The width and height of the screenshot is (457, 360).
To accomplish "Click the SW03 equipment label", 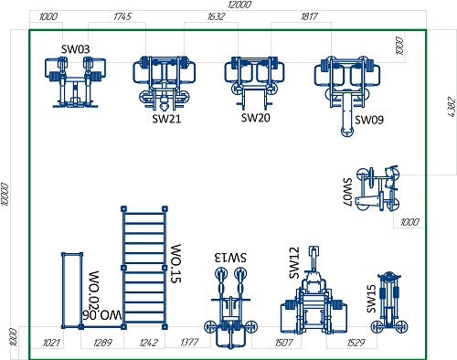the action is (76, 49).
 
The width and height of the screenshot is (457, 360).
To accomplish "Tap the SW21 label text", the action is (166, 119).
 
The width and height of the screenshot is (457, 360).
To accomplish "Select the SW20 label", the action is (256, 118).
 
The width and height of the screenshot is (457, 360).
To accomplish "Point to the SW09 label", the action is (369, 120).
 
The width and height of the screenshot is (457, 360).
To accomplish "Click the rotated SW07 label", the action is (347, 192).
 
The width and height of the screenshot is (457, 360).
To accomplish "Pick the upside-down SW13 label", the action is (230, 258).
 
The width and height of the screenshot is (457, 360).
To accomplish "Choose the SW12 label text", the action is (294, 263).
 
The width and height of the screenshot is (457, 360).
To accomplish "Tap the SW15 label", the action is (371, 299).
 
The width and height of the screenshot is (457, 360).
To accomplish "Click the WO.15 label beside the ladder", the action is (175, 263).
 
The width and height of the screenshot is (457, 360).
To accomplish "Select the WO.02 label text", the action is (93, 287).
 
